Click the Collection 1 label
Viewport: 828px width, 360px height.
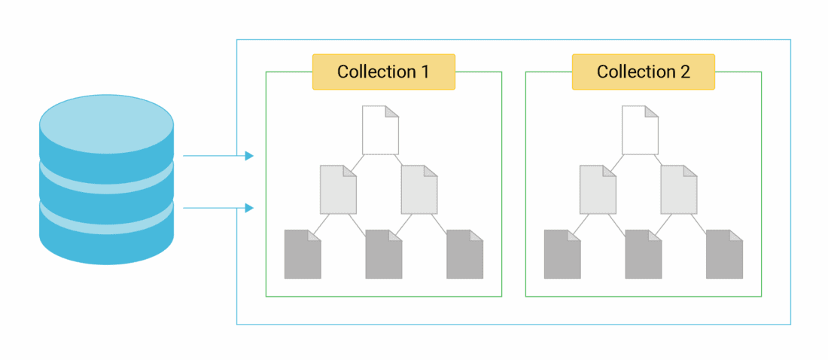[x=383, y=72]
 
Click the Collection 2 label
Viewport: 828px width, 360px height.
[x=643, y=72]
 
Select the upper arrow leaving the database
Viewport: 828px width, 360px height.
[x=218, y=156]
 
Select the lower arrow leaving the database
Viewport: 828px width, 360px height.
[x=218, y=207]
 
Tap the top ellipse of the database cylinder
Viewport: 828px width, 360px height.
[x=106, y=124]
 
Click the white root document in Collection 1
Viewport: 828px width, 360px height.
[x=380, y=130]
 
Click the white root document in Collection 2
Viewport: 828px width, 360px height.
[x=640, y=130]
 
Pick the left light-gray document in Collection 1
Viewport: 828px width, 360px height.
[x=338, y=189]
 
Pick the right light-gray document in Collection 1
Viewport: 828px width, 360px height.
[x=419, y=189]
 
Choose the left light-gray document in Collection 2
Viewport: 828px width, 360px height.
[x=598, y=189]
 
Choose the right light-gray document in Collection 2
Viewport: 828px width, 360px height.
[x=679, y=189]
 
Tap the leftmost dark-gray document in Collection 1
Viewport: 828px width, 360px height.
[x=303, y=255]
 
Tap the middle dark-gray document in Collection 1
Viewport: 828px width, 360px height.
[x=383, y=255]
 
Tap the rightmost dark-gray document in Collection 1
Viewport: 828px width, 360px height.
[x=464, y=255]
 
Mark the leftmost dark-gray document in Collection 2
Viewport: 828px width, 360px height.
[x=562, y=255]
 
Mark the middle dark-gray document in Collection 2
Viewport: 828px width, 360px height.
[x=643, y=255]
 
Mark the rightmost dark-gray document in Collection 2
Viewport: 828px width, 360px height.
[x=724, y=255]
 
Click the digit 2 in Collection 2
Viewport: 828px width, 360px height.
[x=684, y=72]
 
